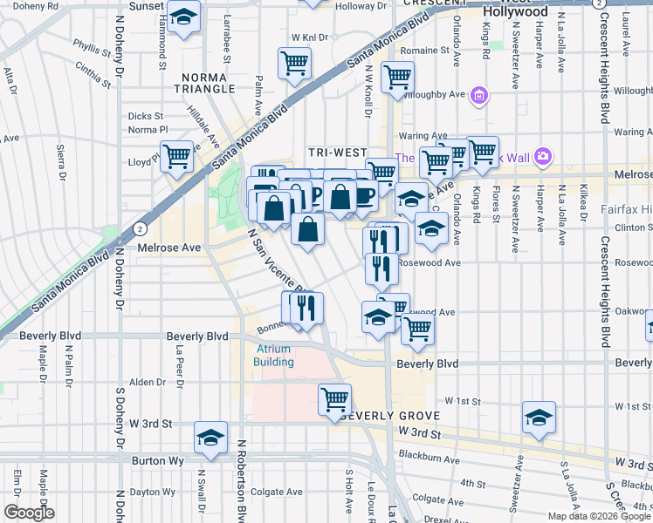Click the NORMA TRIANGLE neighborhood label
click(207, 83)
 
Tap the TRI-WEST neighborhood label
click(336, 153)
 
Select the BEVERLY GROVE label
click(388, 417)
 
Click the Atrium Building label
click(274, 356)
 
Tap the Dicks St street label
click(146, 116)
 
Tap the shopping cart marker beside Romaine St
click(397, 77)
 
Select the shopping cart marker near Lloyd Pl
click(177, 158)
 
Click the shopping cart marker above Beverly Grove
click(334, 399)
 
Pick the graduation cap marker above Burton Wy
click(210, 438)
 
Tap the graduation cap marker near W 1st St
click(539, 418)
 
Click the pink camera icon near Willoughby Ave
click(479, 94)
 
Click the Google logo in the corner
click(28, 513)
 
